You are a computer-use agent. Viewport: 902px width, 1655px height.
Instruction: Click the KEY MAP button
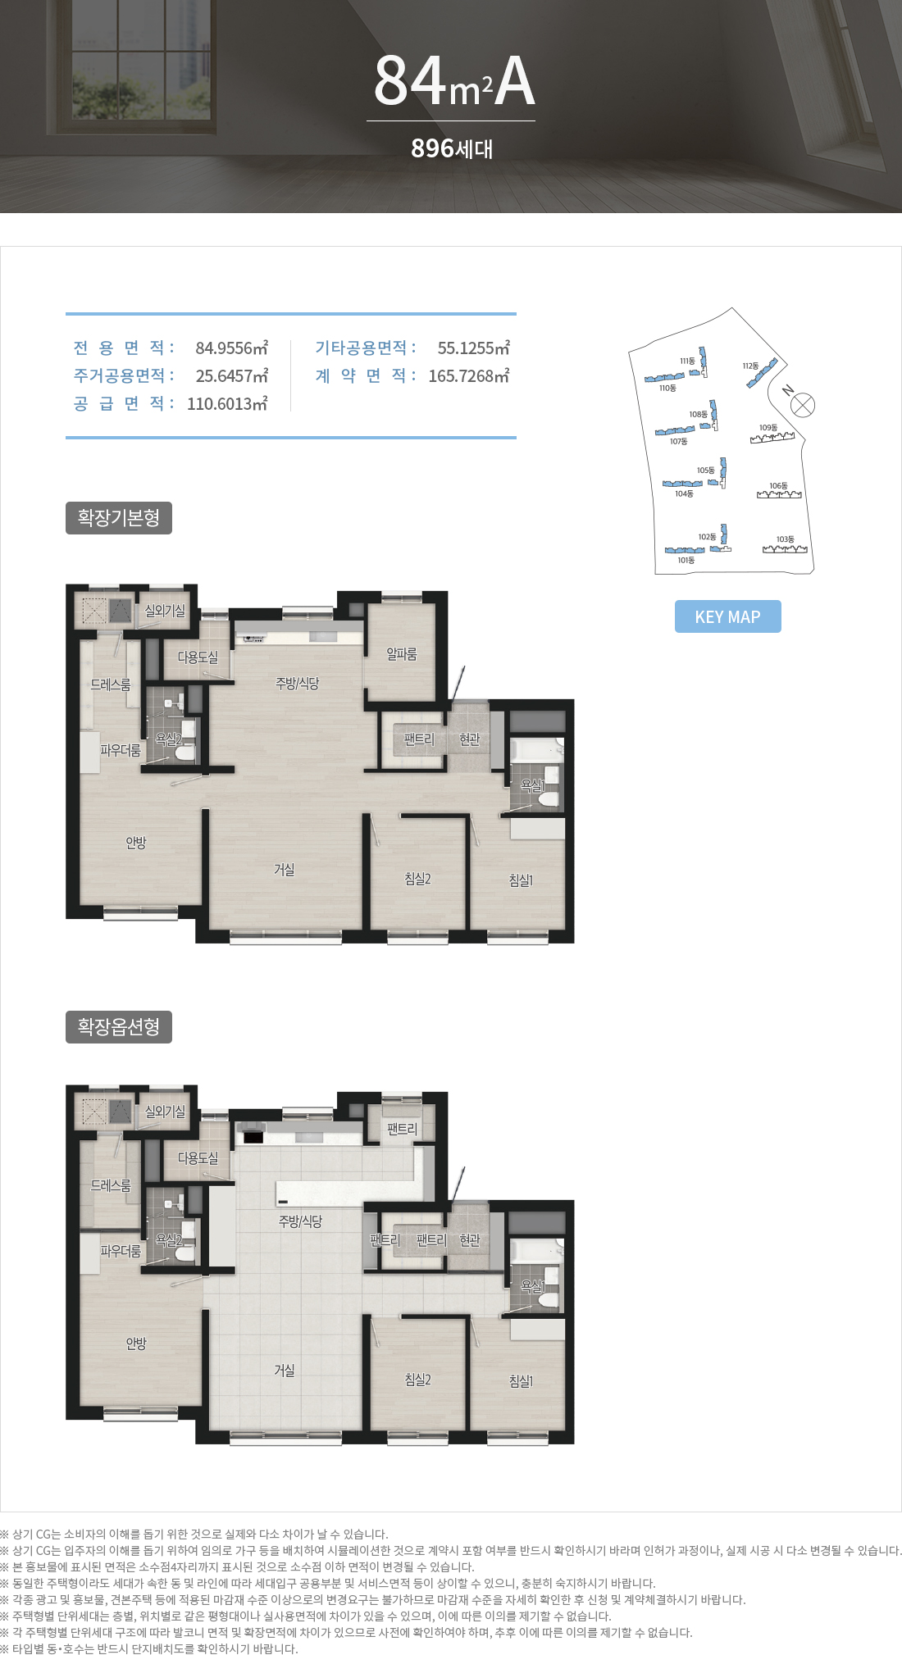pos(728,616)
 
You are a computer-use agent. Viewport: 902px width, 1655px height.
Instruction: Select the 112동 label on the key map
pos(750,366)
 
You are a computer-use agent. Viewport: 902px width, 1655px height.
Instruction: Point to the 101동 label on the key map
pos(686,561)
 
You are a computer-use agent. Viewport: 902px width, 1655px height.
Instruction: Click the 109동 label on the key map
pos(768,428)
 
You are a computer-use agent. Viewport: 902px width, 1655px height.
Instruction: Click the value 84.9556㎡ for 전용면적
pos(232,348)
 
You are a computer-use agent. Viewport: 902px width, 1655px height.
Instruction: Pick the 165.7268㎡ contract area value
pos(469,375)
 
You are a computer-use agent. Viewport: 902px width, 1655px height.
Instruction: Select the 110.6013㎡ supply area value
pos(227,403)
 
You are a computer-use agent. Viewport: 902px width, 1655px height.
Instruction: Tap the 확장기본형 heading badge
pos(119,518)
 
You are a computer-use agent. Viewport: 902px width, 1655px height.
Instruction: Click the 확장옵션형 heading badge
pos(119,1027)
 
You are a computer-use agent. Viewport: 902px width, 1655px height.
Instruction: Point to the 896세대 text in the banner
pos(452,148)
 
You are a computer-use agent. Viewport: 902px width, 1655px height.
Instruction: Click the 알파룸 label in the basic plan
pos(402,654)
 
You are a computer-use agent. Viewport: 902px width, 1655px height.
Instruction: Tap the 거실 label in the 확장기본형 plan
pos(285,870)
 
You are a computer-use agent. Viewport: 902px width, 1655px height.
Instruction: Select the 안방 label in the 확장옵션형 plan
pos(136,1344)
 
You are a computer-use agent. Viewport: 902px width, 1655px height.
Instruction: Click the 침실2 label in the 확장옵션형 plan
pos(417,1380)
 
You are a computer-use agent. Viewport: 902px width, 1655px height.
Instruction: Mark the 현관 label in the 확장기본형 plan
pos(470,739)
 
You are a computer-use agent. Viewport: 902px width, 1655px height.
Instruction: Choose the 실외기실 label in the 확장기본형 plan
pos(165,611)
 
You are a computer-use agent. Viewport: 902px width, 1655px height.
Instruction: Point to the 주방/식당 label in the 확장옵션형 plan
pos(300,1221)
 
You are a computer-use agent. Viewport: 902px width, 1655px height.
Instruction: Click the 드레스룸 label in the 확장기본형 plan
pos(111,684)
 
